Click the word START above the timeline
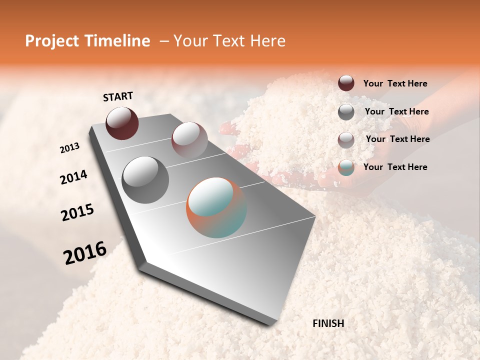118,96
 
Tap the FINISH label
328,323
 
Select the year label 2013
70,148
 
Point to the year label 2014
74,177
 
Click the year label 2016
85,253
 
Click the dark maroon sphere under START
122,123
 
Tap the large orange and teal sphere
216,207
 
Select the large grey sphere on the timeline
145,179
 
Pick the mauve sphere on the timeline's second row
189,139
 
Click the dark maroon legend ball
346,83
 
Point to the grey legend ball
346,112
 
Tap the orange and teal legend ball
346,167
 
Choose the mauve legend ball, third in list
346,140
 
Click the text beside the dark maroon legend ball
395,83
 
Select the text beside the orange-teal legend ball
395,167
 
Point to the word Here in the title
267,41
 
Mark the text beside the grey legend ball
396,111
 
